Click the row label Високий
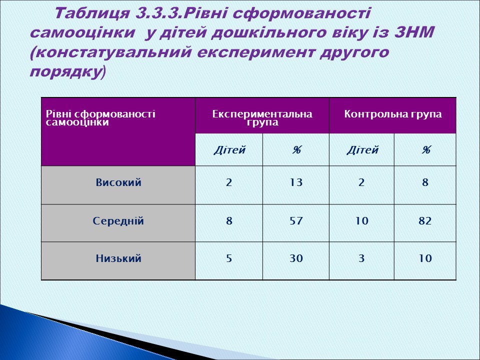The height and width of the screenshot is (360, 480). tap(118, 183)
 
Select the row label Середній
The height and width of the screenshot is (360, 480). tap(118, 220)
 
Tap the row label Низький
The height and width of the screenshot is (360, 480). tap(118, 258)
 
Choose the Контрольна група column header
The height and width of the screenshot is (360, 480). tap(392, 114)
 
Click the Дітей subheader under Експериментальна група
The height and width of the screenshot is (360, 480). tap(229, 149)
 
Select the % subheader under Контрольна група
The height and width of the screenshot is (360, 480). tap(425, 149)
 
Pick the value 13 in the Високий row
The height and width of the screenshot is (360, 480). tap(296, 183)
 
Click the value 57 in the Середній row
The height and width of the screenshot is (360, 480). tap(296, 220)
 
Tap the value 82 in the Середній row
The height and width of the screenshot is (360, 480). tap(425, 220)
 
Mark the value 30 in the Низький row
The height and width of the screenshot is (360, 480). tap(296, 258)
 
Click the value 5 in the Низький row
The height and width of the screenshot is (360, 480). tap(229, 258)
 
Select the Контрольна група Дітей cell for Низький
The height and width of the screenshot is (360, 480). tap(362, 258)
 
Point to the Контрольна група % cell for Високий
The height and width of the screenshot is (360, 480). tap(425, 183)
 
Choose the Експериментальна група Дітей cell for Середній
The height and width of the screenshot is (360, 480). tap(229, 220)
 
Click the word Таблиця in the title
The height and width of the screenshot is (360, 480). tap(92, 13)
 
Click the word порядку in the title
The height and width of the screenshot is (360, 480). tap(65, 72)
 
